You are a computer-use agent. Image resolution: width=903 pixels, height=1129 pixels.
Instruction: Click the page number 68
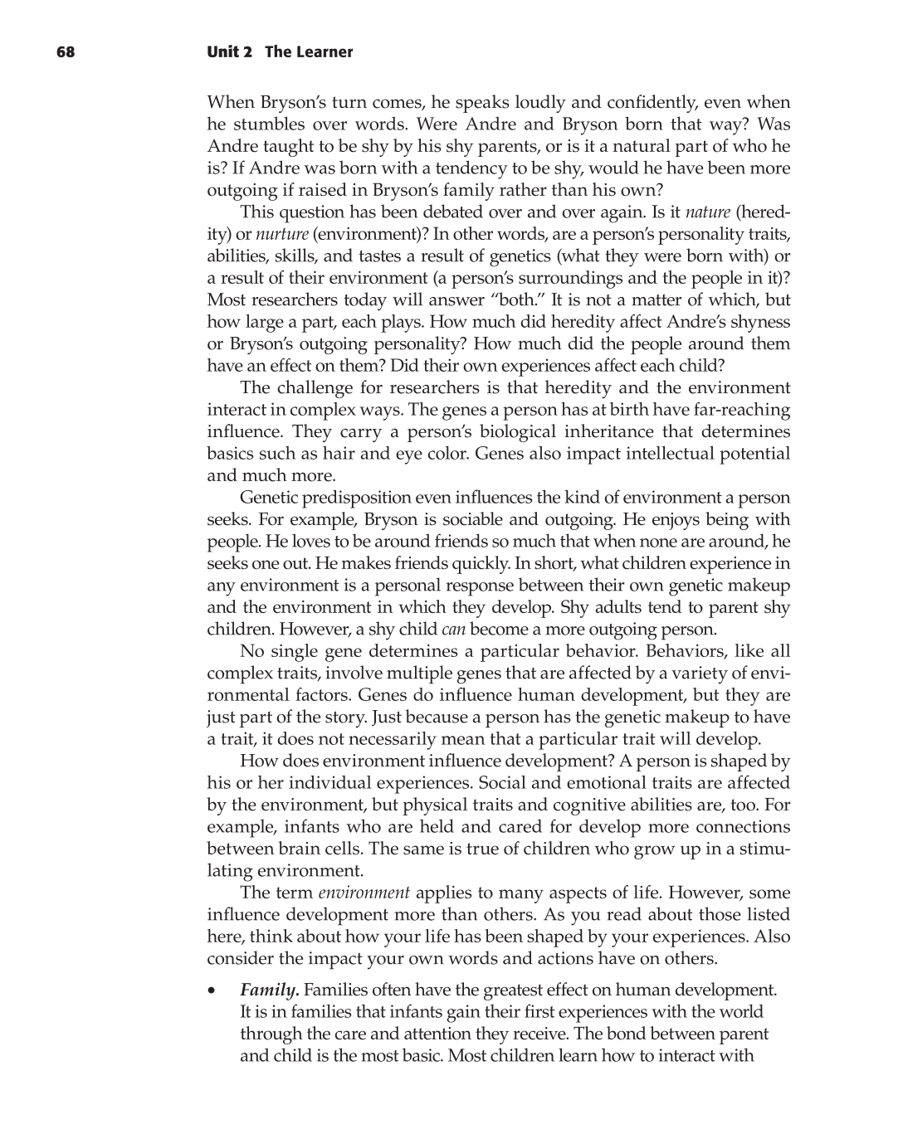point(66,52)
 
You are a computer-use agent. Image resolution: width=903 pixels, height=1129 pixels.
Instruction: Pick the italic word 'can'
point(453,629)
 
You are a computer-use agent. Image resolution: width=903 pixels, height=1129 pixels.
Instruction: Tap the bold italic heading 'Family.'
point(270,990)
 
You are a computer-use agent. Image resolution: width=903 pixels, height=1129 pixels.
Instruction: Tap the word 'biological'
point(515,431)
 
